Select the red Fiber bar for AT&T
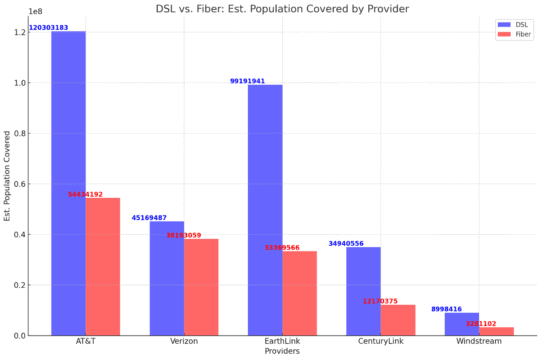pos(102,266)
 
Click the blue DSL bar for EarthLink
pos(265,210)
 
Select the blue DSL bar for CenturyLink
pos(363,291)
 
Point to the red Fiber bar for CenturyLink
pos(397,320)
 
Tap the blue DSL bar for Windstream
pos(461,324)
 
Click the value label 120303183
pos(48,28)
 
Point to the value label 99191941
pos(247,81)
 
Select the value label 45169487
pos(149,218)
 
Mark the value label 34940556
pos(346,244)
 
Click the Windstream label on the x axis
pos(478,342)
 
